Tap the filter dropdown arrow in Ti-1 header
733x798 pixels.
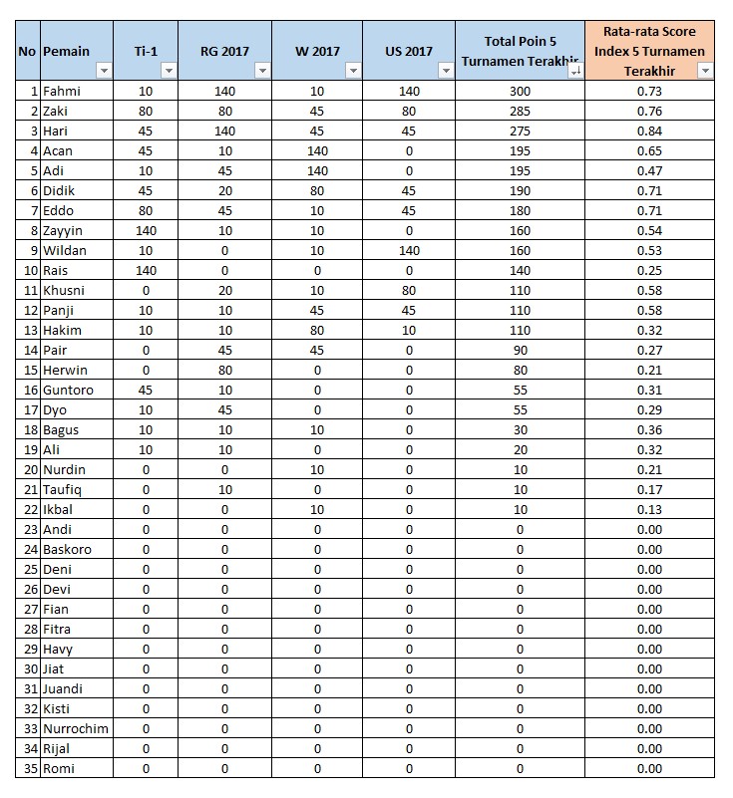tap(169, 71)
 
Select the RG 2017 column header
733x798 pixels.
tap(224, 51)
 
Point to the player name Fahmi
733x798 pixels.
tap(62, 92)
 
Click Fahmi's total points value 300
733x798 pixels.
tap(520, 92)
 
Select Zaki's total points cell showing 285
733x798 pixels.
tap(520, 112)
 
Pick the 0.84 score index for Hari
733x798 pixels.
tap(649, 132)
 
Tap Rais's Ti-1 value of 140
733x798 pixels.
tap(146, 271)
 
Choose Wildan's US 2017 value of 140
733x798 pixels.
tap(410, 251)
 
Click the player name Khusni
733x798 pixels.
tap(65, 291)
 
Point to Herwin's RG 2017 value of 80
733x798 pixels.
tap(224, 371)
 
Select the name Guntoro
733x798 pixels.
tap(68, 391)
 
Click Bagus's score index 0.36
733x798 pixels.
tap(649, 430)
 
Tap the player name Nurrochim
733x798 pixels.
tap(76, 728)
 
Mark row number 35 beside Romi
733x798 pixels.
tap(27, 768)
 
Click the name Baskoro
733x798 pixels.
tap(67, 549)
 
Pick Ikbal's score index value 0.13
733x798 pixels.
tap(649, 510)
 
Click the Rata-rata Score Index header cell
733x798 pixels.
tap(649, 50)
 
